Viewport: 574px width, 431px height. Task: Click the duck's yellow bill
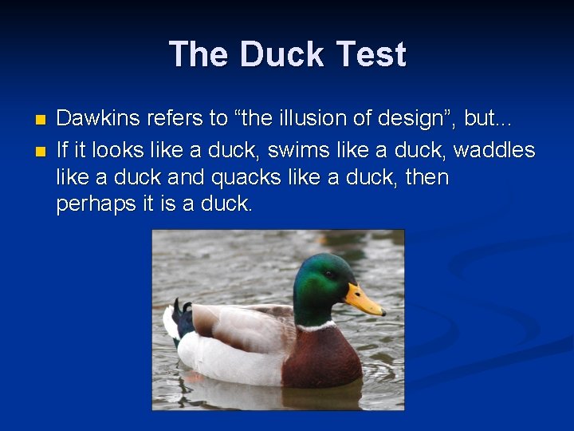click(364, 301)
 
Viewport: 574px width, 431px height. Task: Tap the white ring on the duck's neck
click(316, 326)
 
